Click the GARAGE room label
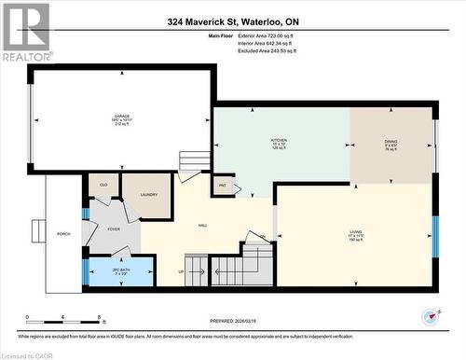(122, 117)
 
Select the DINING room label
(391, 143)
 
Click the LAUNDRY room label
(149, 194)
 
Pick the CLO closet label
(103, 186)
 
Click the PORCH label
(63, 233)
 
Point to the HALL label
(202, 226)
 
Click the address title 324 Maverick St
(232, 21)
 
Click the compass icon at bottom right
(431, 315)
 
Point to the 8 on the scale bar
(99, 318)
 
